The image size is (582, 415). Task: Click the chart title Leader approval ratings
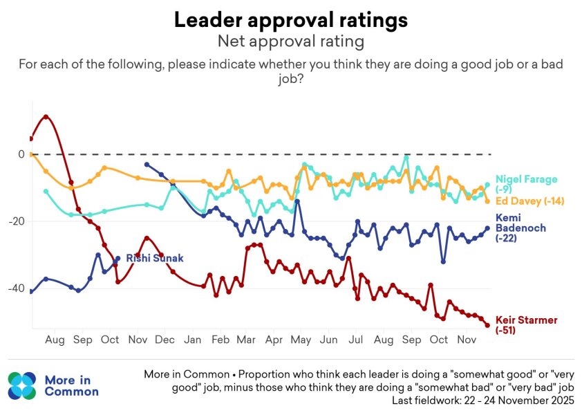tap(291, 20)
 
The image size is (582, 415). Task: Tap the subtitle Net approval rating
tap(291, 41)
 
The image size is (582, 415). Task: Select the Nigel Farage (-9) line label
tap(526, 184)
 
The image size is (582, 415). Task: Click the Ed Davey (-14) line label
tap(529, 201)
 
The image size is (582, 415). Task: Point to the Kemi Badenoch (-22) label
tap(520, 228)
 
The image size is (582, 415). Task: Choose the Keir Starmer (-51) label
tap(526, 324)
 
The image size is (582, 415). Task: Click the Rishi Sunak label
tap(155, 258)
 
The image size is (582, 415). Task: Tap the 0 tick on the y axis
tap(21, 154)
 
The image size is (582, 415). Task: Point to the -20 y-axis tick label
tap(17, 221)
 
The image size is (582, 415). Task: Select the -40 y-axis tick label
tap(17, 288)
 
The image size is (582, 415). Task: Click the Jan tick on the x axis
tap(192, 340)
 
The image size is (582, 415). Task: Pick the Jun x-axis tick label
tap(328, 340)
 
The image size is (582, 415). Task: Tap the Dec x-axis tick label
tap(165, 340)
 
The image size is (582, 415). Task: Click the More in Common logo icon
tap(22, 386)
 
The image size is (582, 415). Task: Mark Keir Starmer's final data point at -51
tap(487, 326)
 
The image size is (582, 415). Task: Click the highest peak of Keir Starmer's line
tap(46, 117)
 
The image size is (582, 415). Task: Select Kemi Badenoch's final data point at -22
tap(487, 228)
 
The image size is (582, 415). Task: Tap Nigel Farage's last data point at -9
tap(487, 185)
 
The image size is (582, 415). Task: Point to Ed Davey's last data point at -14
tap(487, 201)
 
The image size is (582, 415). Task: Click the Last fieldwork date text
tap(483, 400)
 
